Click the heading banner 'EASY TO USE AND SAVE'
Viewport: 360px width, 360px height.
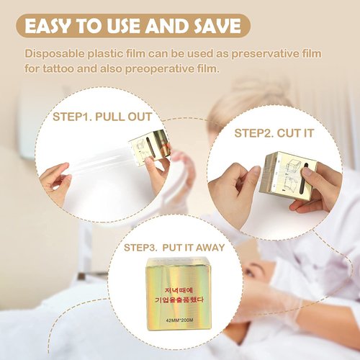click(132, 27)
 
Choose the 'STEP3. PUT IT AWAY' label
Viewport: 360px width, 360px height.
click(174, 247)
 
